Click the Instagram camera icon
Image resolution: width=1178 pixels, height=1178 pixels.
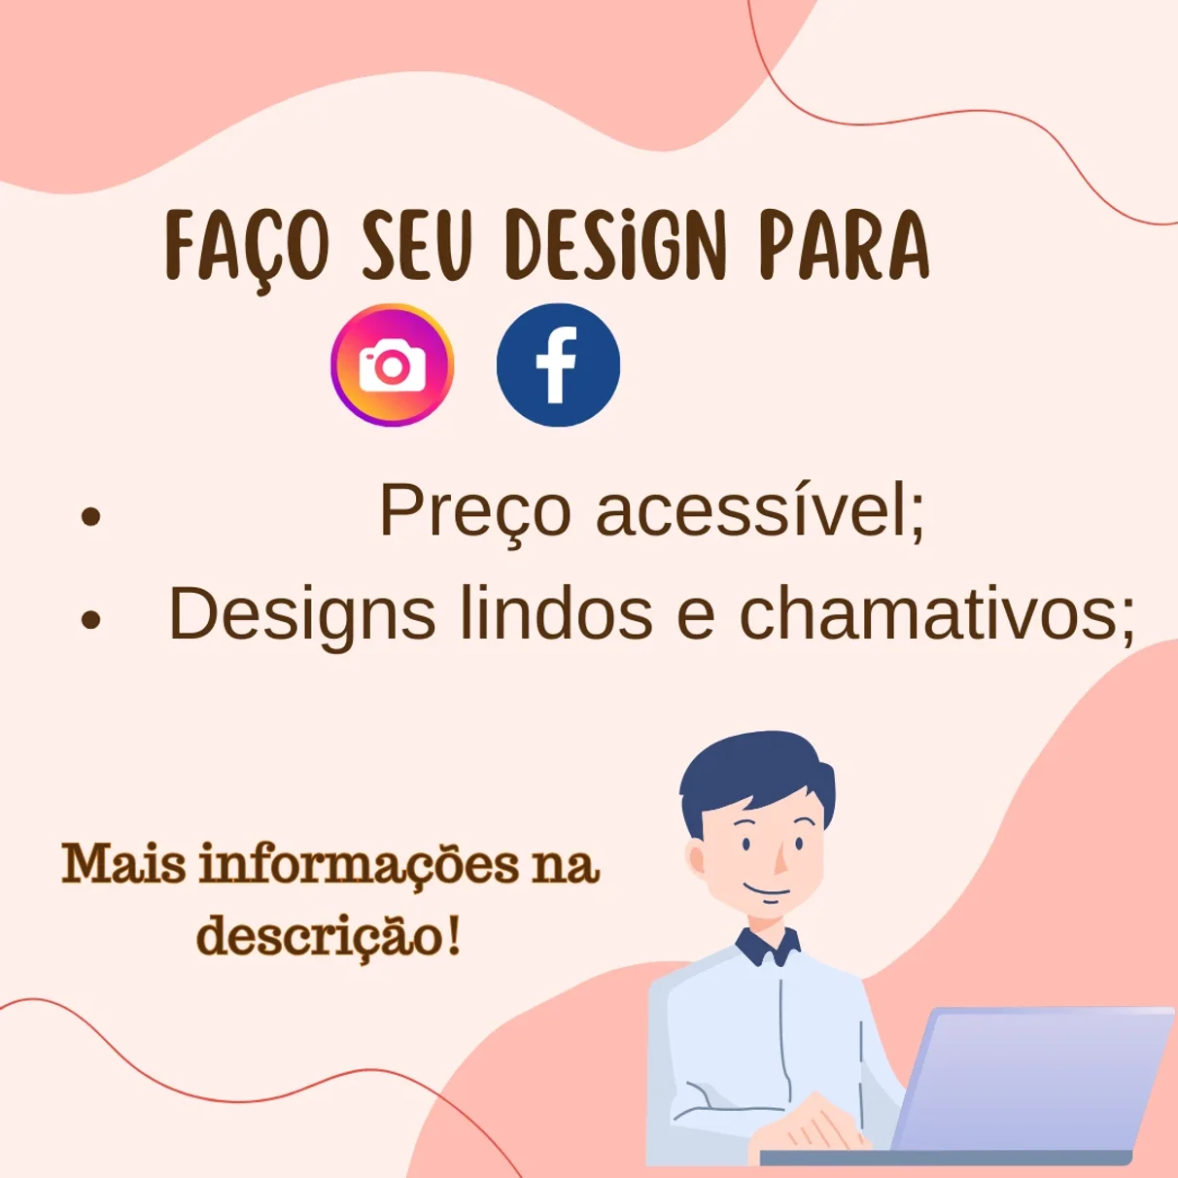tap(392, 364)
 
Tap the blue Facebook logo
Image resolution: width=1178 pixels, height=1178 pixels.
tap(558, 364)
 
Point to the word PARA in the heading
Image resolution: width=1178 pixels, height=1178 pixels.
tap(845, 245)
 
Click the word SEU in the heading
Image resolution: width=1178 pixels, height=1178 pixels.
tap(417, 245)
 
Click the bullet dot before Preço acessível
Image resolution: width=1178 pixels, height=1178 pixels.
tap(90, 516)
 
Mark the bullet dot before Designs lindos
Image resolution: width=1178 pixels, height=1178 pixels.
tap(90, 619)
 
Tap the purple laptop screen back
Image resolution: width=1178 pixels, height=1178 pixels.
tap(1033, 1078)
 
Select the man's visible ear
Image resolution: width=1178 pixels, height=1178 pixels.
tap(696, 858)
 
